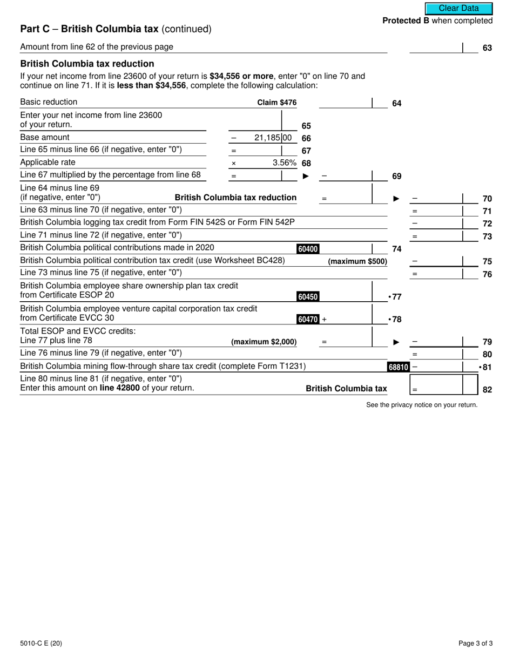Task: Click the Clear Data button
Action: [x=458, y=9]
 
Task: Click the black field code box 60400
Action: [x=308, y=249]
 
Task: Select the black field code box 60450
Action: [x=308, y=296]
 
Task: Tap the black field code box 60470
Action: [x=308, y=319]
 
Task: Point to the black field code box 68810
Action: [x=398, y=367]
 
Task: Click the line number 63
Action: [x=487, y=48]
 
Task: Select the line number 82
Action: [x=487, y=389]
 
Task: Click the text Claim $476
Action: [x=276, y=103]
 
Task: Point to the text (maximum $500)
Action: [x=357, y=261]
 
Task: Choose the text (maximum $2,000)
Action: [x=264, y=342]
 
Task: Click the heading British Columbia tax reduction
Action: [x=87, y=64]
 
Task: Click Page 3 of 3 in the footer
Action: [x=475, y=643]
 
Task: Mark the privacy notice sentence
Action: [x=422, y=405]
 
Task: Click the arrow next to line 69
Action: [x=306, y=176]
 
